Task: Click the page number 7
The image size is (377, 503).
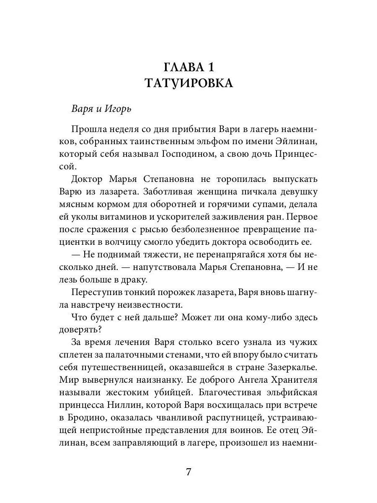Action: (188, 472)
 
